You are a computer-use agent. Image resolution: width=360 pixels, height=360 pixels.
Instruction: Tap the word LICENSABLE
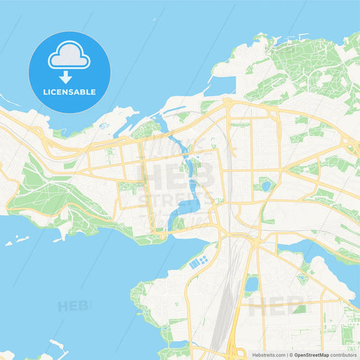70,92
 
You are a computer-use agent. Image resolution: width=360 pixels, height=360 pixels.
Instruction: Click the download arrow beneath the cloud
70,76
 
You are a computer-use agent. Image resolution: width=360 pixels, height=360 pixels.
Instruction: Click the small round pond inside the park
265,185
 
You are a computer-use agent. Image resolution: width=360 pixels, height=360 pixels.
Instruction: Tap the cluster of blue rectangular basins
199,262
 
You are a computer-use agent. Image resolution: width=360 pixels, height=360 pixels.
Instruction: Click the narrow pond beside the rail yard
251,284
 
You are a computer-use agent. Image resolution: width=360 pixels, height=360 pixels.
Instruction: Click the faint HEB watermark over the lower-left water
73,306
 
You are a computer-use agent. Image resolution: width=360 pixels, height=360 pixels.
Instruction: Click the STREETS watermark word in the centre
177,200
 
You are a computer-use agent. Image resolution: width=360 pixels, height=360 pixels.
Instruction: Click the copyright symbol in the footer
291,354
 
